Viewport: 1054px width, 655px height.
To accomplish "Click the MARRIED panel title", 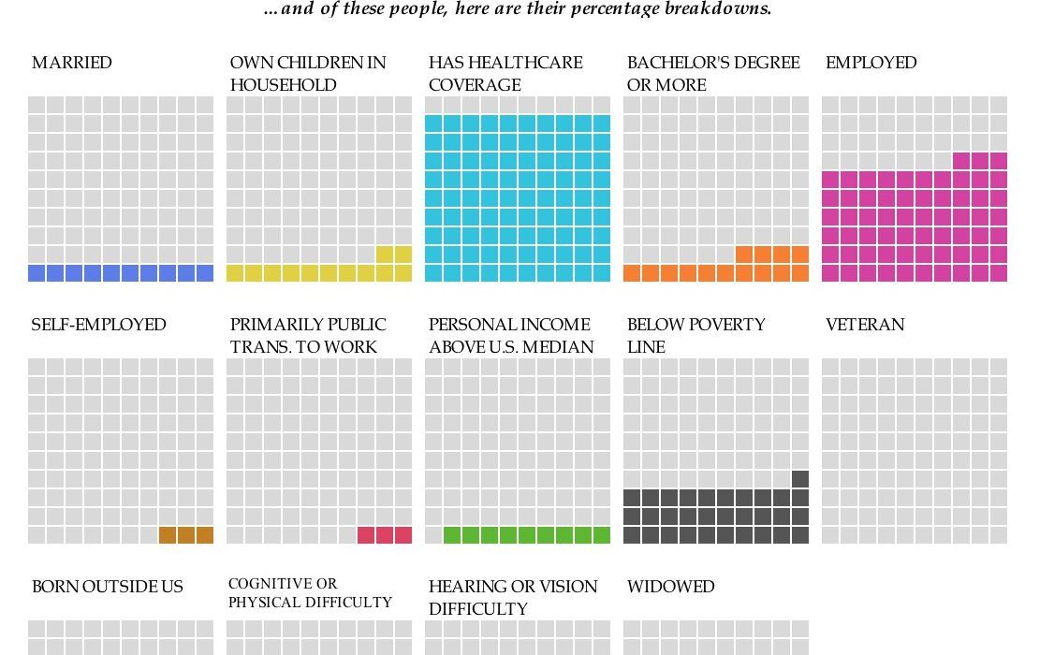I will point(72,63).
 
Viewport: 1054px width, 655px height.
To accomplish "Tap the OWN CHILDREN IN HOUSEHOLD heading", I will point(308,74).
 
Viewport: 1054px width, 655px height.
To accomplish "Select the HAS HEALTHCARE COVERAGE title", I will point(505,74).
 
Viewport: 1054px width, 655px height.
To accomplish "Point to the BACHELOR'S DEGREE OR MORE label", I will point(713,74).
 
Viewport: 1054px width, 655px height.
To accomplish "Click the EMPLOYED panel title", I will point(871,63).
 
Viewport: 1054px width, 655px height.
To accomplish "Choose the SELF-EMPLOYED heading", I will point(98,325).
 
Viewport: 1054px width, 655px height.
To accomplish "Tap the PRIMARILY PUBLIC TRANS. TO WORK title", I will point(308,336).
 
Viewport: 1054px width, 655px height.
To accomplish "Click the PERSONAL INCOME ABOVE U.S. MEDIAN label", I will point(511,336).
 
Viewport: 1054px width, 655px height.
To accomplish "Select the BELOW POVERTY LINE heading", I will point(695,336).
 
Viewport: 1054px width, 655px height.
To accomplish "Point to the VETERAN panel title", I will point(865,325).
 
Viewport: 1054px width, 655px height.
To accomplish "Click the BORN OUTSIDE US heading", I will point(108,587).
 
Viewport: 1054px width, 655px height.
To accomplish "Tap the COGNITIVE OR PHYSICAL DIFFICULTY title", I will point(310,593).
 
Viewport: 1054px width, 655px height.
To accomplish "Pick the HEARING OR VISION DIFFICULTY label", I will point(513,598).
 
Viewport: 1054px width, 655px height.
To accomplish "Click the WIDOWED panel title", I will point(670,587).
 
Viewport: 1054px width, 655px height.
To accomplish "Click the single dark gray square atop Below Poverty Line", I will point(800,479).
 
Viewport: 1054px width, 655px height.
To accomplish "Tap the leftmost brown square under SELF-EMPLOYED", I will point(168,535).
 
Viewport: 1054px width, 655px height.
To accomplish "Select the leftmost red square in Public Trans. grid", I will point(366,535).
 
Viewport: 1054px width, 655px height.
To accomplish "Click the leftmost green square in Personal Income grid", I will point(452,535).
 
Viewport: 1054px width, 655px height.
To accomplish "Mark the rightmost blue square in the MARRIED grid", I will point(205,273).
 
